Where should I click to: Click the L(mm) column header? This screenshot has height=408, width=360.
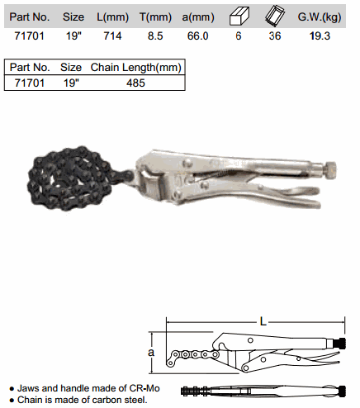112,17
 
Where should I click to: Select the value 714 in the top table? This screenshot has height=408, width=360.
112,36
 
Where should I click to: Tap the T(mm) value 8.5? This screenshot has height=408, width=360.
155,36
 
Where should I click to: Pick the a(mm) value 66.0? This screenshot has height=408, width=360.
197,36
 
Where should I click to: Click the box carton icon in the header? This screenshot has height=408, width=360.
239,17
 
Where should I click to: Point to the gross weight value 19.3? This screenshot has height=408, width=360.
320,36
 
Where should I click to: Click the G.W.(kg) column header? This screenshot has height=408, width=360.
320,17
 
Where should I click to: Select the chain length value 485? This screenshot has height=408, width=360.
135,83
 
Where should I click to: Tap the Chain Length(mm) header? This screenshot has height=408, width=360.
136,68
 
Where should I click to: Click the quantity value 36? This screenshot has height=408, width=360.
275,36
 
